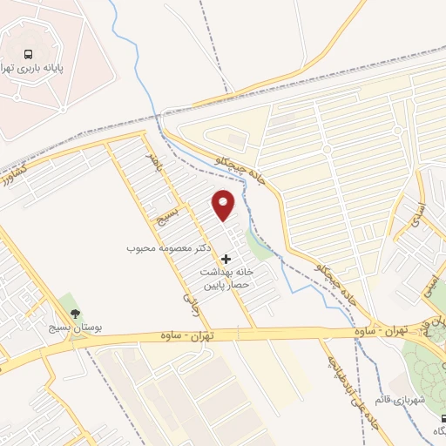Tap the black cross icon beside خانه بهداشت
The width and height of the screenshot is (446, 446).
(x=227, y=259)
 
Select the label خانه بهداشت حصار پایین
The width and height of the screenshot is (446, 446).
(x=228, y=278)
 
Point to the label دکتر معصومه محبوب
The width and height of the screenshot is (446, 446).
(x=170, y=248)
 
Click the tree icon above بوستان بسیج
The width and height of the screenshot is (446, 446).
(x=75, y=314)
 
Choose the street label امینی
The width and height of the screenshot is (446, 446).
(x=430, y=283)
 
